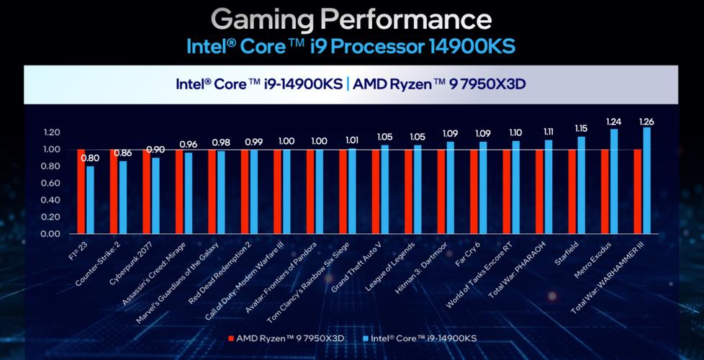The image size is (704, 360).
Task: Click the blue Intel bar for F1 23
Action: (90, 199)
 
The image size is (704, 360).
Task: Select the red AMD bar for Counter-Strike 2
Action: (114, 192)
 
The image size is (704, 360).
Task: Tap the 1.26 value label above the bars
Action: (646, 122)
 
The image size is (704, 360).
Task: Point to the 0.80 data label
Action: (90, 158)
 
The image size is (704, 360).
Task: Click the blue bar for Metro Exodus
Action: (614, 181)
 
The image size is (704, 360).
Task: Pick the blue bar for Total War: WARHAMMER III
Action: (646, 181)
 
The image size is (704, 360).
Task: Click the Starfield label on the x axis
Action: (569, 253)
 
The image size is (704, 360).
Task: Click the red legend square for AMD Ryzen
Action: (231, 338)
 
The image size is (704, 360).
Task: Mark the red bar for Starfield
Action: (572, 192)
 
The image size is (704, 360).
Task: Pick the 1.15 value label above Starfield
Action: (581, 128)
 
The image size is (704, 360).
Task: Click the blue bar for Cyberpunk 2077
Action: (155, 196)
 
